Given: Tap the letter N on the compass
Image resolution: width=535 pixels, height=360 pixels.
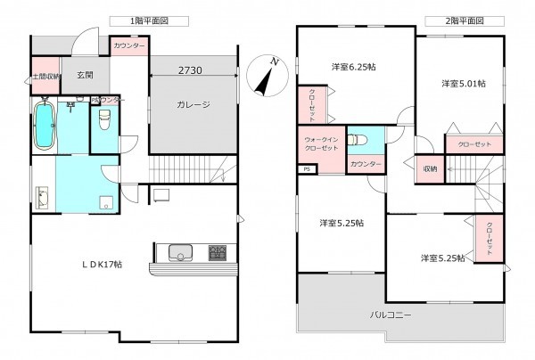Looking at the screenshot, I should (x=276, y=62).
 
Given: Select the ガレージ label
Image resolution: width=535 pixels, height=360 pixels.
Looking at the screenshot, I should (x=193, y=105).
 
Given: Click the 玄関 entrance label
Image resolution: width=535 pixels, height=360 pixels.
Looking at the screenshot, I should (x=86, y=76).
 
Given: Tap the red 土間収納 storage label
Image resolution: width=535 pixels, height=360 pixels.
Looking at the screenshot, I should (x=45, y=78).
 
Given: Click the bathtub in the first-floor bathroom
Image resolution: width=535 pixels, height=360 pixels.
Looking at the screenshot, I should (x=44, y=128).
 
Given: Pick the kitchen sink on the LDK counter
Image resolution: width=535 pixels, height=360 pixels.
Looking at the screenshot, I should (x=180, y=253).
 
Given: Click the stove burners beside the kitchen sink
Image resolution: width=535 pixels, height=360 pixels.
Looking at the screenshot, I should (x=218, y=253).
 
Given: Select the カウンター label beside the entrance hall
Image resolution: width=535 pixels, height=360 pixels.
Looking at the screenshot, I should (x=129, y=45).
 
